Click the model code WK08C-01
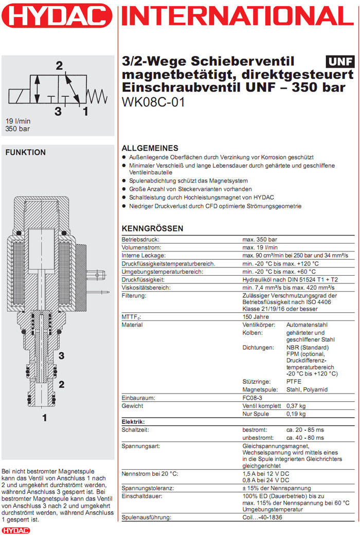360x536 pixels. coord(153,102)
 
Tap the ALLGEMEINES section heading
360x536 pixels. coord(150,148)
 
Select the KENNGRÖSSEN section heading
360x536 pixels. coord(152,228)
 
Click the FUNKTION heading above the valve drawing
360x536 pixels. coord(25,152)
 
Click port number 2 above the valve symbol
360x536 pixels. coord(59,65)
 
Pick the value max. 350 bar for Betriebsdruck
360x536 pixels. coord(260,240)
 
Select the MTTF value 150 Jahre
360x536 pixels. coord(256,317)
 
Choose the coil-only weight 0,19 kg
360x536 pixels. coord(296,414)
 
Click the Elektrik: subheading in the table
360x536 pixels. coord(133,422)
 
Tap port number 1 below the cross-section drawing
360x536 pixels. coord(45,418)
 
